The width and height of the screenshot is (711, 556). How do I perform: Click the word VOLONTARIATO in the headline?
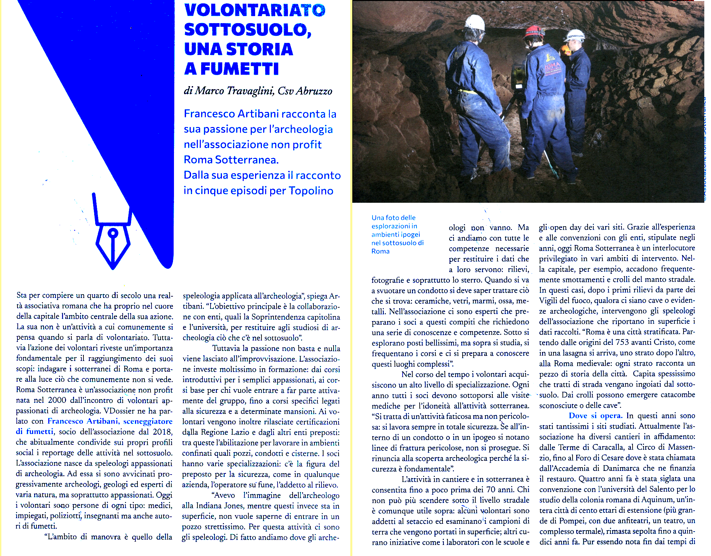click(x=255, y=10)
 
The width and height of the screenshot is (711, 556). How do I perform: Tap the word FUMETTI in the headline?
click(x=239, y=69)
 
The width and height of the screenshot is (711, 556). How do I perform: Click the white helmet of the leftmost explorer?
click(x=475, y=23)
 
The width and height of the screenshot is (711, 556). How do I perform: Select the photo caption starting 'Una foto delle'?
click(x=397, y=234)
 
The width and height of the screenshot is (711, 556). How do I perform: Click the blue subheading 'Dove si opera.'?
click(x=595, y=416)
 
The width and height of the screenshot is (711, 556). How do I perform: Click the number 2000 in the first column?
click(x=57, y=400)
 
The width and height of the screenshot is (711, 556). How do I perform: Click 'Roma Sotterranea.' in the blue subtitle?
click(x=231, y=160)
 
